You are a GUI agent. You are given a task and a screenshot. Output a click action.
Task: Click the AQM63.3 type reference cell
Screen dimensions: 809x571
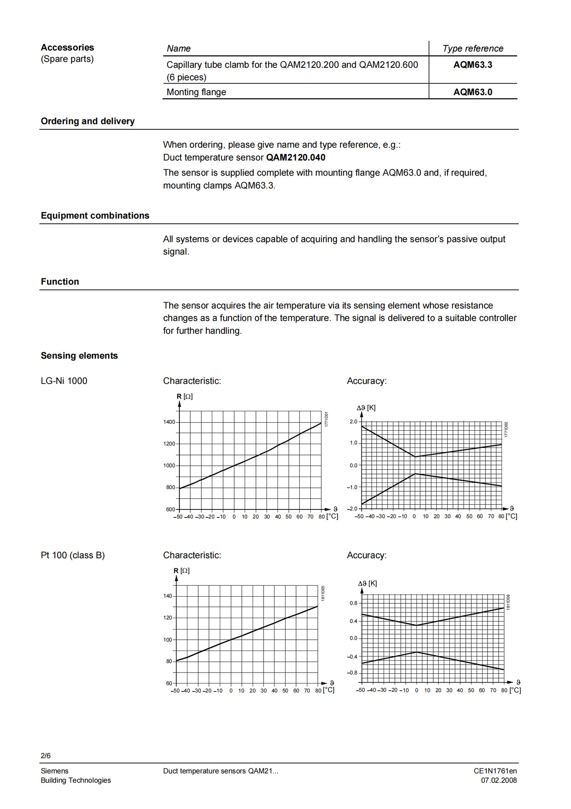coord(472,65)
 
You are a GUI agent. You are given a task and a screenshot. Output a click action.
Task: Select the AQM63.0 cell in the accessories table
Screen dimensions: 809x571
coord(472,92)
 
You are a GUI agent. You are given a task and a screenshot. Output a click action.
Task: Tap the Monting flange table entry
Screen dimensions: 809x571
coord(196,92)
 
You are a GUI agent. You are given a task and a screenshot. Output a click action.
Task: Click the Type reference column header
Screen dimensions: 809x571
coord(472,48)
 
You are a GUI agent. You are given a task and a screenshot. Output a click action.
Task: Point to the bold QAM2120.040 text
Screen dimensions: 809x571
coord(296,158)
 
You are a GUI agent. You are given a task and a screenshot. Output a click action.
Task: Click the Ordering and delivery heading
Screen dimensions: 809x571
coord(88,121)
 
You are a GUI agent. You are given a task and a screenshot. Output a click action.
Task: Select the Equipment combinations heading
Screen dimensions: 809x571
coord(95,216)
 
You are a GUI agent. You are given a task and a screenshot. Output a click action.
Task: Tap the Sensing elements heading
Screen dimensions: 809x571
coord(79,356)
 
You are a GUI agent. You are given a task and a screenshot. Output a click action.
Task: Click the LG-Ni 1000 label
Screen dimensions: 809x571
coord(64,381)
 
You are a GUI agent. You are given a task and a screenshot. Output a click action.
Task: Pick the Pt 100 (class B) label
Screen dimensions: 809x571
coord(73,555)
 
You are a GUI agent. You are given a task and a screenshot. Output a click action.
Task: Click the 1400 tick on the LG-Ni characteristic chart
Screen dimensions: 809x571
coord(169,422)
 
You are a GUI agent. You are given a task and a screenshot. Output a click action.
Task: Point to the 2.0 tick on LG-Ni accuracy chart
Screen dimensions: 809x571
coord(353,422)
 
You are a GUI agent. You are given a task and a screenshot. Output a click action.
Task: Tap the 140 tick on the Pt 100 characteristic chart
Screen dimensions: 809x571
coord(168,596)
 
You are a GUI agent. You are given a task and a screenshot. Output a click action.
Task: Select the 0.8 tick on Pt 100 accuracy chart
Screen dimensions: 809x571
coord(353,603)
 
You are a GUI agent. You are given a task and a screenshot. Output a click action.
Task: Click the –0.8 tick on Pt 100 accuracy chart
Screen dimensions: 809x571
coord(352,673)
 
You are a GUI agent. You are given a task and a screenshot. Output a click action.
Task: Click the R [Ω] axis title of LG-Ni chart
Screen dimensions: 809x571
coord(184,396)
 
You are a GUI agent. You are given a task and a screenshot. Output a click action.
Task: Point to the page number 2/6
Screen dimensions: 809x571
coord(45,755)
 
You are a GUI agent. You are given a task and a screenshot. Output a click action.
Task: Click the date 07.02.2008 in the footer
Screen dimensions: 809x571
coord(499,780)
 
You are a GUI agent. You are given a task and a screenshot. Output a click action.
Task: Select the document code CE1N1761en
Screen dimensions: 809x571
coord(495,771)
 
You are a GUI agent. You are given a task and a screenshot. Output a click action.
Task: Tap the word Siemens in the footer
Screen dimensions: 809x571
coord(54,771)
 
